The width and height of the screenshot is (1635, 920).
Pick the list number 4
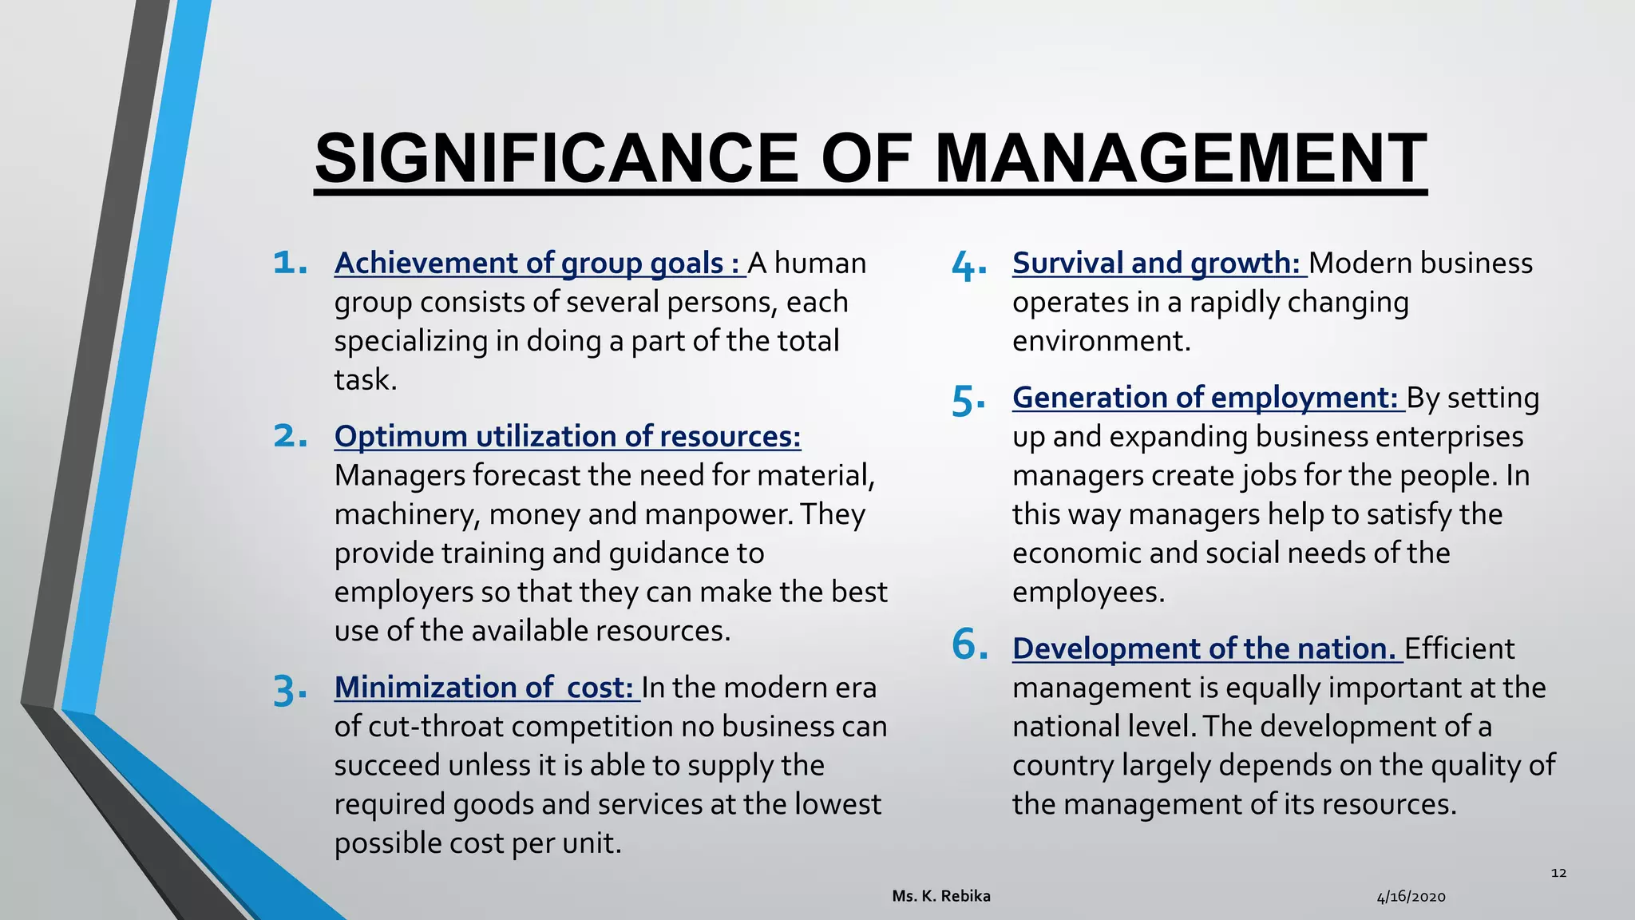968,266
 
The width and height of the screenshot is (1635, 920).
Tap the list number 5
968,400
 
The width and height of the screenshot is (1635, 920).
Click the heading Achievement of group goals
539,264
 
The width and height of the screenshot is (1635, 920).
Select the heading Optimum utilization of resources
568,437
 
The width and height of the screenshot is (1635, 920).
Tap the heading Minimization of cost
485,688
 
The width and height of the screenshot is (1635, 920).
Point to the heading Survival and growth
1158,264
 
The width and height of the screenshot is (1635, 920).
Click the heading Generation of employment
1206,398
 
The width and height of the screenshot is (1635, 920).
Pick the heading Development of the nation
1205,648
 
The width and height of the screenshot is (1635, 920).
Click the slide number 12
1558,873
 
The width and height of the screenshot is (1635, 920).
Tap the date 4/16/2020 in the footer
1411,897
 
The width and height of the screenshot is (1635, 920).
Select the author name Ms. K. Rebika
941,896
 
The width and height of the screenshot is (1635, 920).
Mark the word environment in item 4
1101,341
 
